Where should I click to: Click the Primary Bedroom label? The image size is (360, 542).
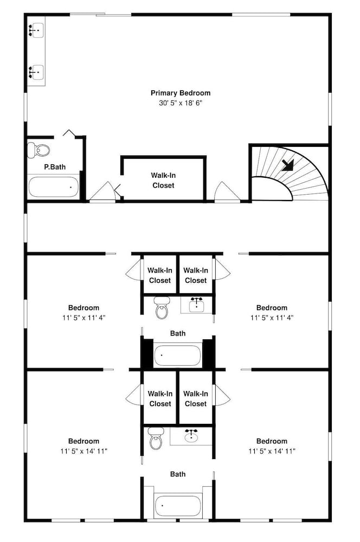[x=181, y=93]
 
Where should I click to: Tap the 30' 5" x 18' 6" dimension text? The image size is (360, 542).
[x=181, y=103]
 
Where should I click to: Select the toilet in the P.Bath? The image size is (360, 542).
[x=38, y=150]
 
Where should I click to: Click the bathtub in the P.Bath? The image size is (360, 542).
[x=54, y=187]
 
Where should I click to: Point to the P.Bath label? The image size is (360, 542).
[x=55, y=167]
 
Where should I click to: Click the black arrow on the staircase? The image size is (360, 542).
[x=288, y=165]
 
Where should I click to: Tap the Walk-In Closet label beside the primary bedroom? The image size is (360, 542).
[x=163, y=180]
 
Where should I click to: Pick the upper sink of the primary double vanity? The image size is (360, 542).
[x=36, y=30]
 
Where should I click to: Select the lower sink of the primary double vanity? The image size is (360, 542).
[x=36, y=72]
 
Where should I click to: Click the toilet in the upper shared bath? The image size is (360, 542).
[x=161, y=307]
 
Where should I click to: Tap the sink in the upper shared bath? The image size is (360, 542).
[x=196, y=304]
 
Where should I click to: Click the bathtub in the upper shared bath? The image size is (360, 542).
[x=177, y=355]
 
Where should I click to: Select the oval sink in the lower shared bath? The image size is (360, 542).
[x=191, y=436]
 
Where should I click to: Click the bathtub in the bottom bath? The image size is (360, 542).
[x=177, y=506]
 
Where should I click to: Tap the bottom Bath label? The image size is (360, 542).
[x=178, y=474]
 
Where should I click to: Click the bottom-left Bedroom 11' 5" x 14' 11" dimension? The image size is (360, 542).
[x=83, y=451]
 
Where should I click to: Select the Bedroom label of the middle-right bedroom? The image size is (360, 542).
[x=272, y=308]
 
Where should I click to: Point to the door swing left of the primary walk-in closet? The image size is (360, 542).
[x=102, y=191]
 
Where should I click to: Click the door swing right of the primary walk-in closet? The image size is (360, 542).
[x=227, y=191]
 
